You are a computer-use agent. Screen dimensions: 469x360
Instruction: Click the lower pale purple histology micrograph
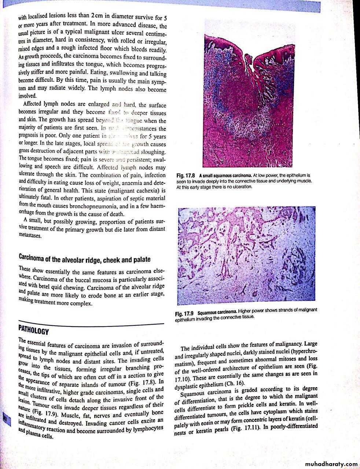[246, 256]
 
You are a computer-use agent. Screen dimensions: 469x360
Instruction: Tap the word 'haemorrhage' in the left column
[33, 213]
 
